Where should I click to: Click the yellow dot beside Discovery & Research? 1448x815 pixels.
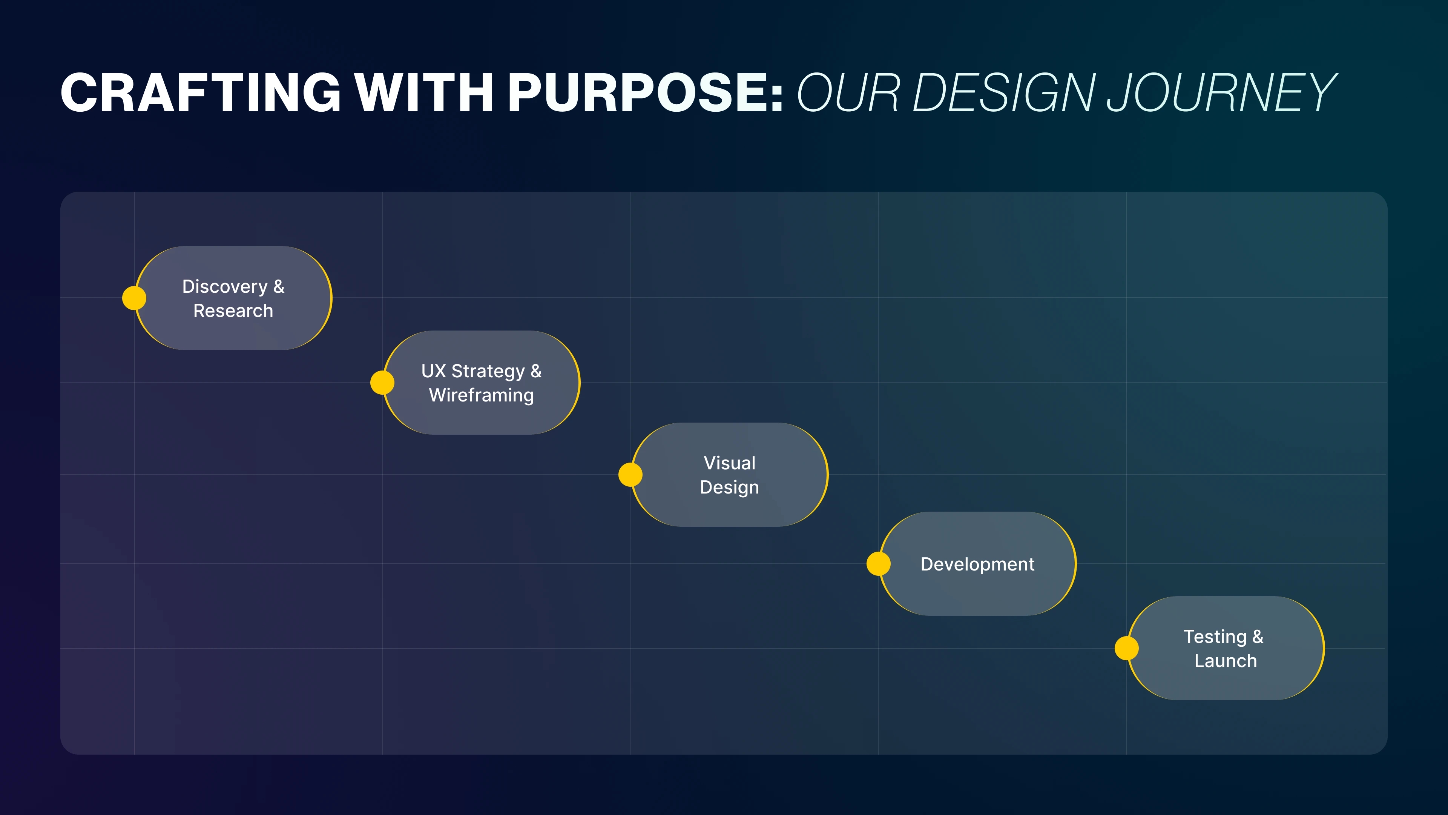pyautogui.click(x=134, y=298)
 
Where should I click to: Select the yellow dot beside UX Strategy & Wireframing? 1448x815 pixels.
pyautogui.click(x=382, y=383)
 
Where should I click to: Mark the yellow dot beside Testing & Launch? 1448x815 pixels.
pyautogui.click(x=1126, y=648)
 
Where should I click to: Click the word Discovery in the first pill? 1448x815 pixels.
pyautogui.click(x=225, y=287)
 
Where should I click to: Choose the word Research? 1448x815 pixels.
pyautogui.click(x=233, y=311)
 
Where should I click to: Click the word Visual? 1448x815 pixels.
pyautogui.click(x=730, y=463)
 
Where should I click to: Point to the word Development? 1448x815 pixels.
pyautogui.click(x=977, y=564)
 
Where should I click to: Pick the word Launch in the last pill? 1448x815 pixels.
pyautogui.click(x=1226, y=661)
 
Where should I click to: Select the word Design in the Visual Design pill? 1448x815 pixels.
pyautogui.click(x=730, y=487)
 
